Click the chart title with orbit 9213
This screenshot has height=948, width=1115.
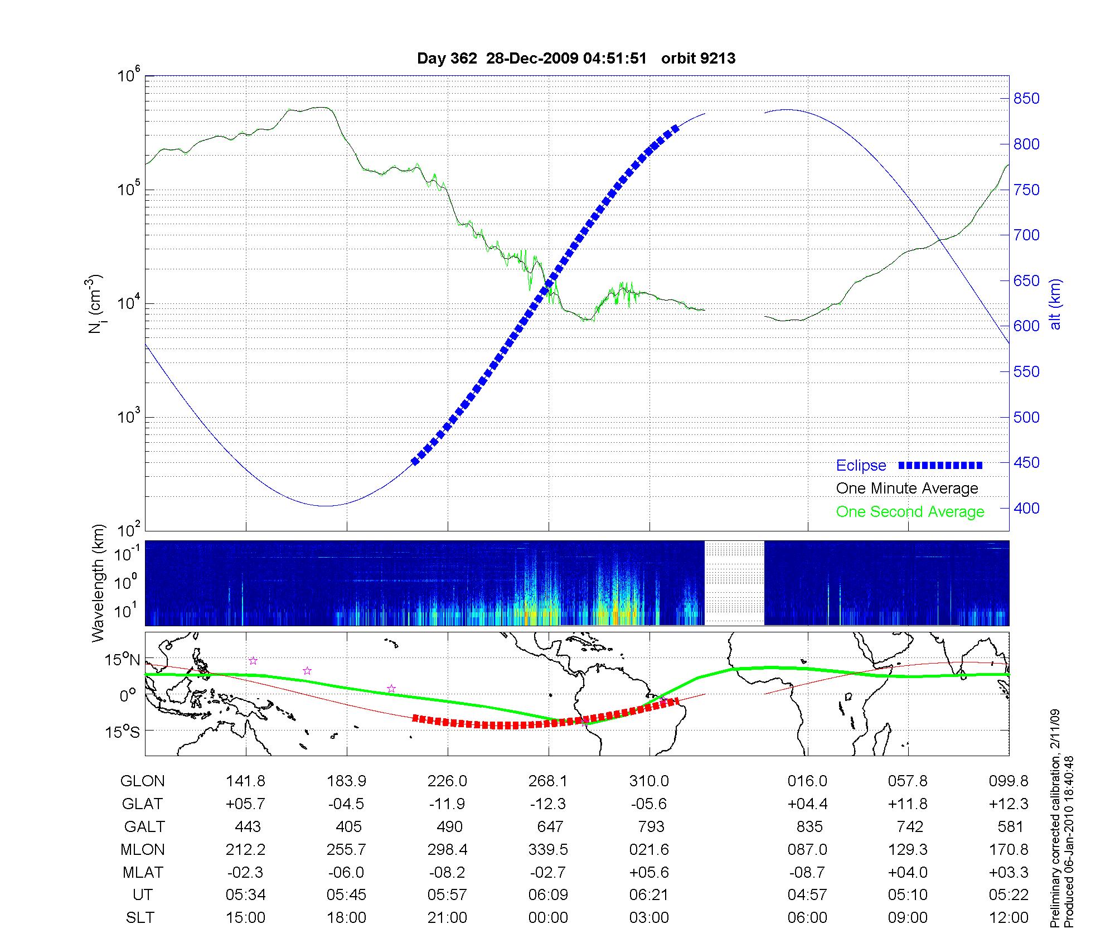coord(576,59)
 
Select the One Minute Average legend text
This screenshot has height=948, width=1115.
coord(907,488)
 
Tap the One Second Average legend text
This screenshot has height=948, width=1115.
coord(910,512)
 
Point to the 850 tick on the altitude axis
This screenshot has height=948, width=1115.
coord(1026,99)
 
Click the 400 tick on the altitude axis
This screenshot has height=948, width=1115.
coord(1026,508)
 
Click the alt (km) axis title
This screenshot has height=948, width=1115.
coord(1055,304)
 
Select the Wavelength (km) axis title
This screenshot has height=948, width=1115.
coord(98,583)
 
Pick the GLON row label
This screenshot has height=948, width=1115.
coord(142,781)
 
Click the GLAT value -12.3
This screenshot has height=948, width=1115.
coord(549,804)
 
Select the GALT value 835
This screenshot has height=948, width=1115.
coord(809,826)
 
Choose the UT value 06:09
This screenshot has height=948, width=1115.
coord(548,895)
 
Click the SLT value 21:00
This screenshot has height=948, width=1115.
coord(447,917)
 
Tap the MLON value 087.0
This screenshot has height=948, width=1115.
coord(807,849)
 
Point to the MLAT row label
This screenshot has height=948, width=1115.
coord(143,872)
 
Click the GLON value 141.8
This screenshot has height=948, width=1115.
coord(246,781)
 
